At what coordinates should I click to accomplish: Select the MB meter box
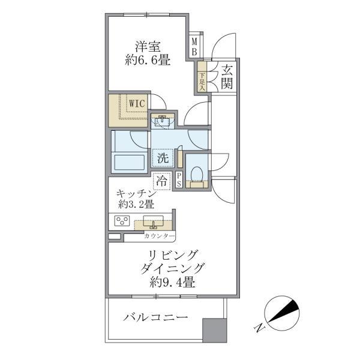tap(194, 46)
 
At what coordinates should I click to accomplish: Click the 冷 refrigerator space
tap(161, 179)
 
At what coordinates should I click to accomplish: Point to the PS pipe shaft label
tap(179, 180)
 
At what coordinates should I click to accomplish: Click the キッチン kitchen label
tap(137, 194)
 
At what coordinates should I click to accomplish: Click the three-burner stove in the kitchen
tap(124, 221)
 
